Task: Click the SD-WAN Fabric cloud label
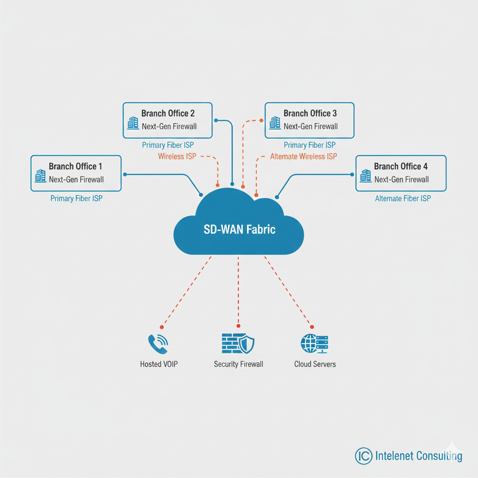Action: click(x=239, y=229)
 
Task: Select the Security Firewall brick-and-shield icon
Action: click(x=238, y=344)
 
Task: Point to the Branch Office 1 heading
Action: click(x=75, y=167)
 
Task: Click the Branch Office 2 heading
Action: click(x=168, y=113)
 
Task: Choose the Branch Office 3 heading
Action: click(x=310, y=113)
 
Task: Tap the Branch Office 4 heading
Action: click(x=401, y=167)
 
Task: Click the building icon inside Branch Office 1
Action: click(x=40, y=176)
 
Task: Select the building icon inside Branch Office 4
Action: click(x=366, y=176)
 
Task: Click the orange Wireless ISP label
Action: click(x=177, y=156)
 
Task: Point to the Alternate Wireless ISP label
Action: click(x=303, y=156)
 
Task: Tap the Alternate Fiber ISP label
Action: click(x=403, y=198)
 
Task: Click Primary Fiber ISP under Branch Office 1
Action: click(x=76, y=198)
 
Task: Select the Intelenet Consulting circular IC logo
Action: click(x=363, y=456)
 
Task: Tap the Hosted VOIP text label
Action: click(x=159, y=364)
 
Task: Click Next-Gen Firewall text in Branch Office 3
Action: click(x=310, y=126)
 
